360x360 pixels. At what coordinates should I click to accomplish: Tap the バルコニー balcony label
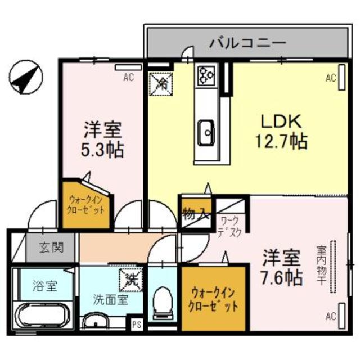[248, 43]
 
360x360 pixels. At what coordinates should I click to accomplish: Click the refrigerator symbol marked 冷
[161, 85]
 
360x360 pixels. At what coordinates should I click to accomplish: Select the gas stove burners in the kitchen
[205, 75]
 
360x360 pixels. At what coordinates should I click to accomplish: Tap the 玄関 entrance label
[51, 247]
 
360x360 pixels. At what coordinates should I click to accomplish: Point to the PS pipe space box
[137, 324]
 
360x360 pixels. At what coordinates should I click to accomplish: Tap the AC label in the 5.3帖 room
[128, 78]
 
